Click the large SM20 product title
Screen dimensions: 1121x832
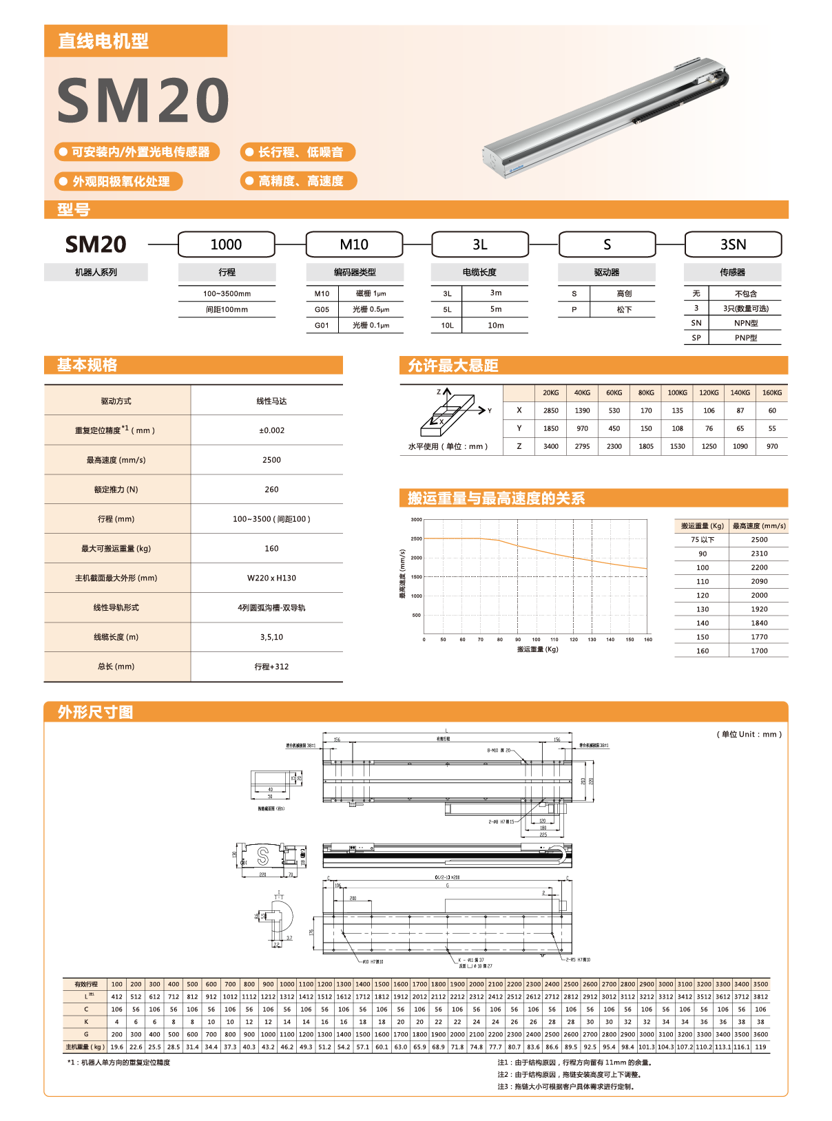[x=143, y=101]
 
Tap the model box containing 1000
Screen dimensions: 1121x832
[x=226, y=244]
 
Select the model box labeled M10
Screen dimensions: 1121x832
[x=354, y=244]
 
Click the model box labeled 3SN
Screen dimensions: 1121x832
[x=733, y=244]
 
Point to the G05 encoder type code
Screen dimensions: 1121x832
[x=322, y=310]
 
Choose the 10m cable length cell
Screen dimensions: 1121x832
[x=496, y=326]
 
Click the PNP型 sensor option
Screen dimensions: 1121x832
[x=745, y=338]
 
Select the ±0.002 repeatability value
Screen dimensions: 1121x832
[x=271, y=430]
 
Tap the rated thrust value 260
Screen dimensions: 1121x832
[x=271, y=490]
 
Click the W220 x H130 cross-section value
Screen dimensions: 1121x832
[x=271, y=578]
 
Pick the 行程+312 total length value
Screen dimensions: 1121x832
[x=271, y=667]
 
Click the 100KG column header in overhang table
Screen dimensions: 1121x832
[x=677, y=393]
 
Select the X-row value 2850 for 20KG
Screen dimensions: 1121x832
[x=551, y=410]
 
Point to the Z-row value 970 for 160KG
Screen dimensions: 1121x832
[x=772, y=446]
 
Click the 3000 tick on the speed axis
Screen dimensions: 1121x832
[x=416, y=520]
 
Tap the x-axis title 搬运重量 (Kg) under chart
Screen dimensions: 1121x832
[x=537, y=649]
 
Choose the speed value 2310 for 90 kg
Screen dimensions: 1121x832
[x=759, y=554]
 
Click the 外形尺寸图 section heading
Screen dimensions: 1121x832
[x=95, y=712]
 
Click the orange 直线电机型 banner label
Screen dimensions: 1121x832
[x=103, y=41]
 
